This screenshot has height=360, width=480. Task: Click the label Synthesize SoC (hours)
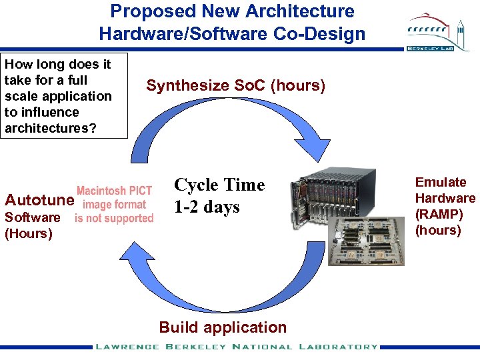tap(235, 86)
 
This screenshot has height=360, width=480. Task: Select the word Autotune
tap(39, 201)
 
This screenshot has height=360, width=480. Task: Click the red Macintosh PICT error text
tap(114, 204)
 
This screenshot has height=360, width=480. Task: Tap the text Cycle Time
tap(219, 185)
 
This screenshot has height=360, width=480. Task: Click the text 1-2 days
tap(207, 207)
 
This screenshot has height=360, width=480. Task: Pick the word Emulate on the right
tap(441, 182)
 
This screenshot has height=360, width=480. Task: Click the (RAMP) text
tap(438, 214)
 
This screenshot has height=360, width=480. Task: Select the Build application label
tap(223, 327)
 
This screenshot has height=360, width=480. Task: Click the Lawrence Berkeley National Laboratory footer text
tap(236, 347)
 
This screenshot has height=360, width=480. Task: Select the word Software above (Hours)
tap(32, 217)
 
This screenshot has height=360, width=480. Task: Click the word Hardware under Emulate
tap(445, 198)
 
